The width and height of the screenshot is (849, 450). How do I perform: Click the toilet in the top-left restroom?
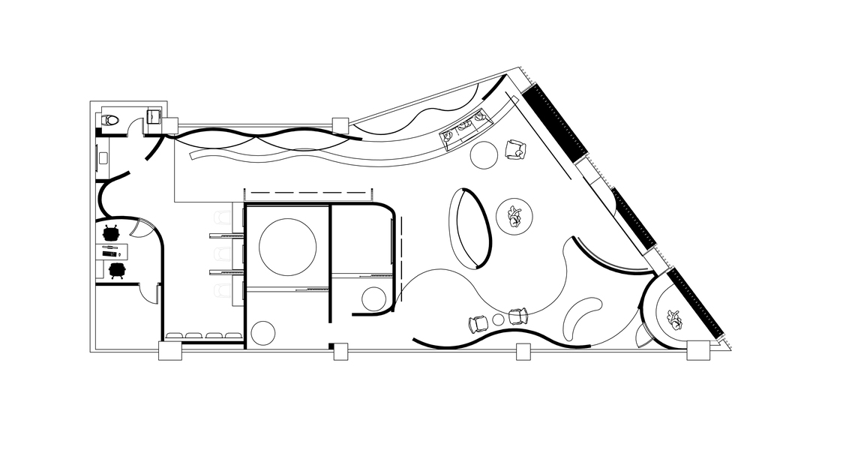pyautogui.click(x=110, y=118)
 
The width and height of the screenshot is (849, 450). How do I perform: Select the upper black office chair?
pyautogui.click(x=112, y=233)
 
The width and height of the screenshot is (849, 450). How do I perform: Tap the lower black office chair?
pyautogui.click(x=116, y=269)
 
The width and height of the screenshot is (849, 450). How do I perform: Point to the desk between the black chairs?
pyautogui.click(x=112, y=251)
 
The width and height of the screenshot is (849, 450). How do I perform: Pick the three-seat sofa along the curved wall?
pyautogui.click(x=464, y=129)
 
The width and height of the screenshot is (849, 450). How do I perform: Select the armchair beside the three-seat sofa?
pyautogui.click(x=515, y=149)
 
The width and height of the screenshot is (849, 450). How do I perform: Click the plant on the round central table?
pyautogui.click(x=514, y=216)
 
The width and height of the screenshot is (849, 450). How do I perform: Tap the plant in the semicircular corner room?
pyautogui.click(x=674, y=319)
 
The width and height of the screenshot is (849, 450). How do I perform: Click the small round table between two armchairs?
pyautogui.click(x=497, y=320)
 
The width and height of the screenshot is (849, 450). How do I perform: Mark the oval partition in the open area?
pyautogui.click(x=469, y=227)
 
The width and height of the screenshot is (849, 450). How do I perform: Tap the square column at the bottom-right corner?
pyautogui.click(x=697, y=350)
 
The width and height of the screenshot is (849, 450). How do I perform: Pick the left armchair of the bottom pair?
pyautogui.click(x=478, y=324)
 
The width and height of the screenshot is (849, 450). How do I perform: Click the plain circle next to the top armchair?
pyautogui.click(x=484, y=155)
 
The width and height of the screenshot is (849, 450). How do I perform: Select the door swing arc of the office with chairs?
pyautogui.click(x=142, y=224)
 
